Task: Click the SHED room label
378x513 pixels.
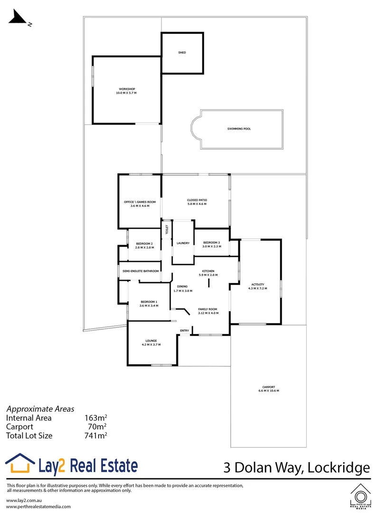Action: pos(182,53)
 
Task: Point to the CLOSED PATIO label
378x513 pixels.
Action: pos(197,200)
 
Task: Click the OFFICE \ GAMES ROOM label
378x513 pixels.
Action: pos(140,202)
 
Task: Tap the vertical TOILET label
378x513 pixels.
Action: pos(167,230)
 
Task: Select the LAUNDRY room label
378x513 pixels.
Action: pos(183,243)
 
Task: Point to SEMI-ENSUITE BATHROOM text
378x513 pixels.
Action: pos(141,271)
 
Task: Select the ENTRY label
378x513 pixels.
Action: pos(184,331)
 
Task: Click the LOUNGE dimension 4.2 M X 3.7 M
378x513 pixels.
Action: pos(151,344)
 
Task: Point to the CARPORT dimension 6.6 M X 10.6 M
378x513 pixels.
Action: pos(268,390)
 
